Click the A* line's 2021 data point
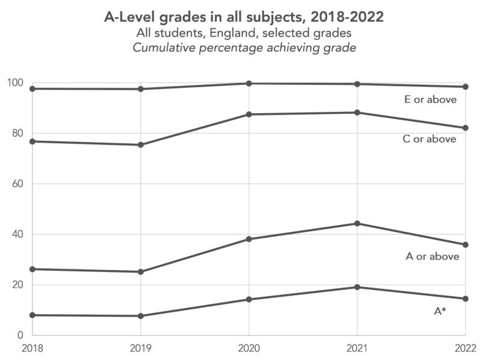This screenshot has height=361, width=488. pyautogui.click(x=357, y=287)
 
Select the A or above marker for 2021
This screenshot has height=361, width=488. pyautogui.click(x=357, y=224)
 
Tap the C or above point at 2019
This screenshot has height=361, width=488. pyautogui.click(x=140, y=145)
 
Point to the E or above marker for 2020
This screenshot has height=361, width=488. pyautogui.click(x=249, y=83)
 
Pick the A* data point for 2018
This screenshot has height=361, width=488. pyautogui.click(x=32, y=315)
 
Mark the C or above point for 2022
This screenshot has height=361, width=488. pyautogui.click(x=465, y=128)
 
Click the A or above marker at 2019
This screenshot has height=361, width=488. pyautogui.click(x=140, y=272)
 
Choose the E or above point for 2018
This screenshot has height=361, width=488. pyautogui.click(x=32, y=89)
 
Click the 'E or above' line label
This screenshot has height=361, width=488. pyautogui.click(x=430, y=100)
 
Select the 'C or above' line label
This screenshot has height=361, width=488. pyautogui.click(x=430, y=140)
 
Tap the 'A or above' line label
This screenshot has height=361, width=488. pyautogui.click(x=433, y=256)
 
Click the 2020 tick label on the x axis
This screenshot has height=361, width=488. pyautogui.click(x=249, y=348)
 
